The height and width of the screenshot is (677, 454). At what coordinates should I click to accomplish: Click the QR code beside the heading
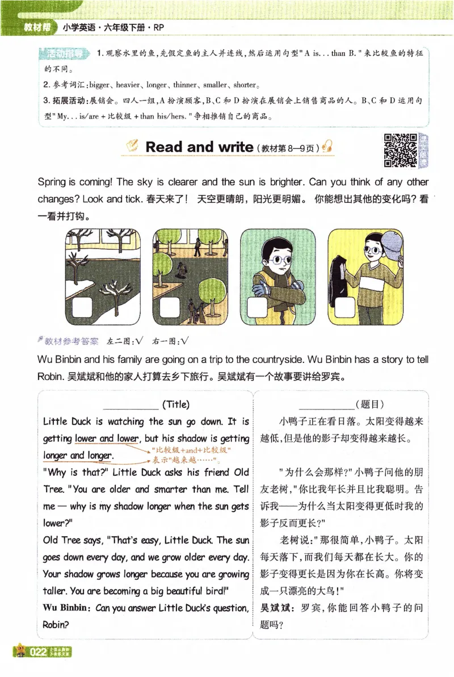(x=401, y=149)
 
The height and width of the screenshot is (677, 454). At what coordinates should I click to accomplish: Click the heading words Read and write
(x=199, y=147)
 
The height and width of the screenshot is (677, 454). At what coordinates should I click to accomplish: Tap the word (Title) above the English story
(x=175, y=405)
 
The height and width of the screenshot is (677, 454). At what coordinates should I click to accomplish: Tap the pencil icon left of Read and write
(x=132, y=147)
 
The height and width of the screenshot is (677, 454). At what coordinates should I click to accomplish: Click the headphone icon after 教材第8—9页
(x=327, y=147)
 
